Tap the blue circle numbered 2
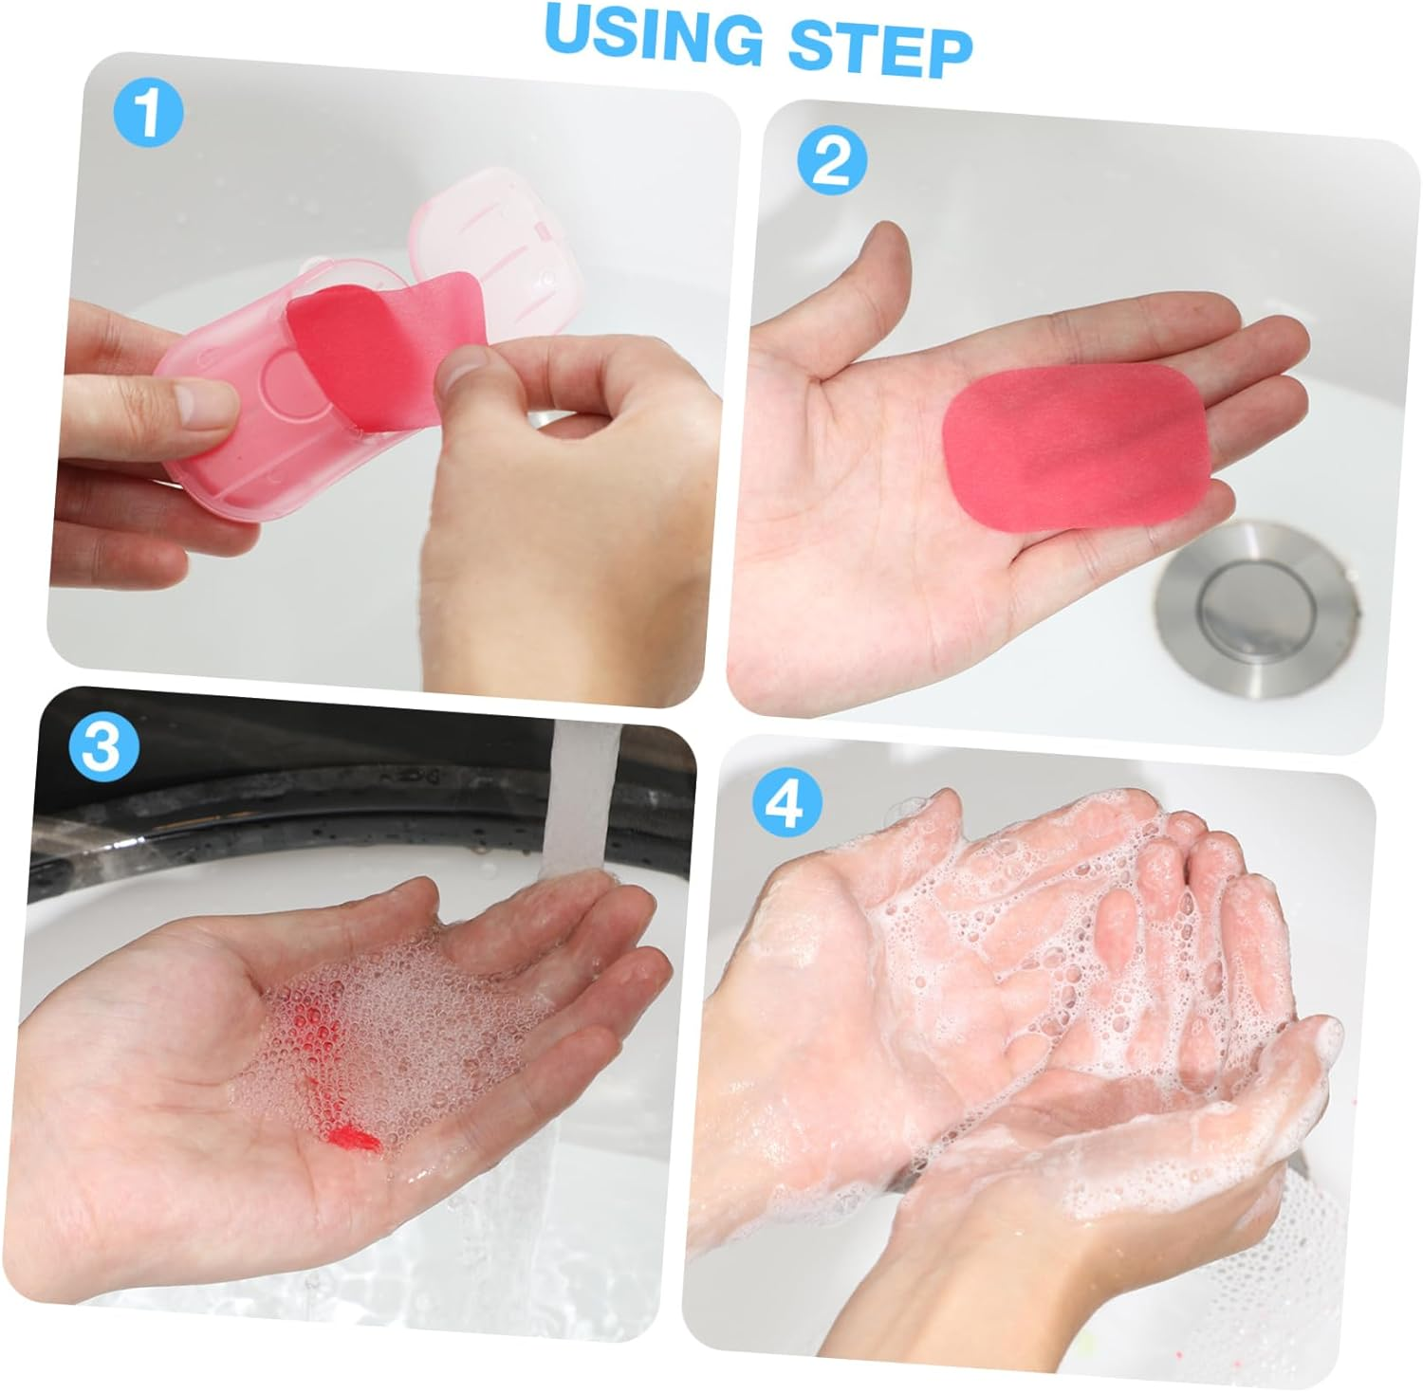tap(832, 161)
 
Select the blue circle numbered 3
tap(103, 747)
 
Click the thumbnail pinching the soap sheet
tap(459, 373)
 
